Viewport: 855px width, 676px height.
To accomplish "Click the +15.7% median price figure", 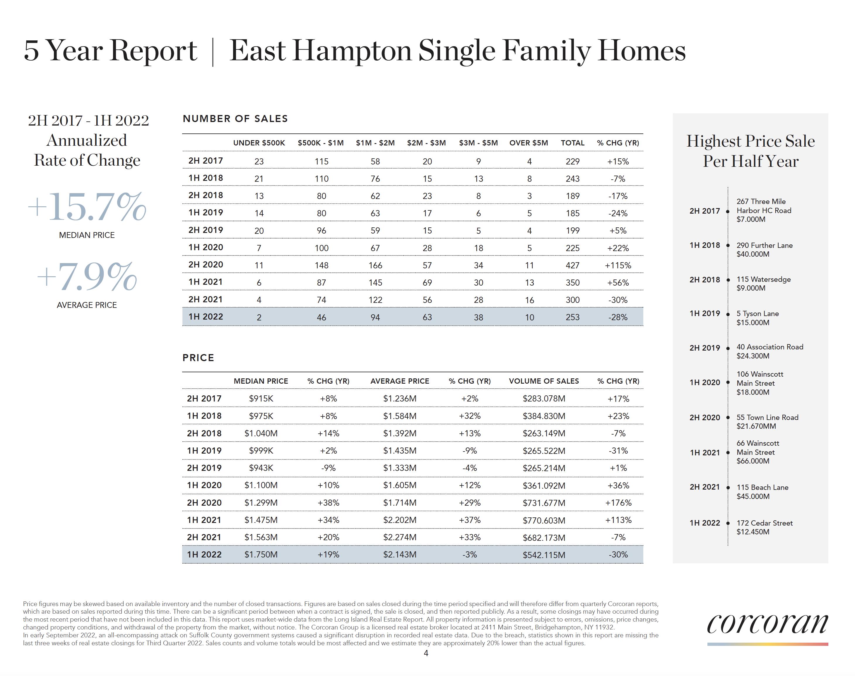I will (87, 207).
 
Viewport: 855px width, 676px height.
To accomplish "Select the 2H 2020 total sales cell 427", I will (572, 265).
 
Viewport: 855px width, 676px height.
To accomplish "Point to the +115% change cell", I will (618, 265).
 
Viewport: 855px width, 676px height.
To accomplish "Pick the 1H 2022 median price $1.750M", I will (261, 555).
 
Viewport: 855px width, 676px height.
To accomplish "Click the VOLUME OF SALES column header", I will (543, 381).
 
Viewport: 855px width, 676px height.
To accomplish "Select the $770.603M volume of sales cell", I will (544, 520).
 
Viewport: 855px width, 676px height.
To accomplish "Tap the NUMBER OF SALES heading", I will (235, 119).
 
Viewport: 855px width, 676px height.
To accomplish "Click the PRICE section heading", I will (198, 358).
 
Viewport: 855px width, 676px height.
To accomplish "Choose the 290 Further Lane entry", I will (764, 246).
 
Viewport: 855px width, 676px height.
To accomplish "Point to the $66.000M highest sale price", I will (753, 461).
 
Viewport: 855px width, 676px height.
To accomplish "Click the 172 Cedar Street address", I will (764, 523).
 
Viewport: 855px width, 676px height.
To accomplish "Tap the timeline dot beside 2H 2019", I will (728, 348).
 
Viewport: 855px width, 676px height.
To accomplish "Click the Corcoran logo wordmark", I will (767, 624).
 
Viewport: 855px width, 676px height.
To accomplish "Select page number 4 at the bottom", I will (426, 653).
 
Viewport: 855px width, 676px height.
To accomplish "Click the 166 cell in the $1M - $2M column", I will (375, 265).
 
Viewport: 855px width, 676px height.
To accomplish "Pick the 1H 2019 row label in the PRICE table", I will (204, 450).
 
